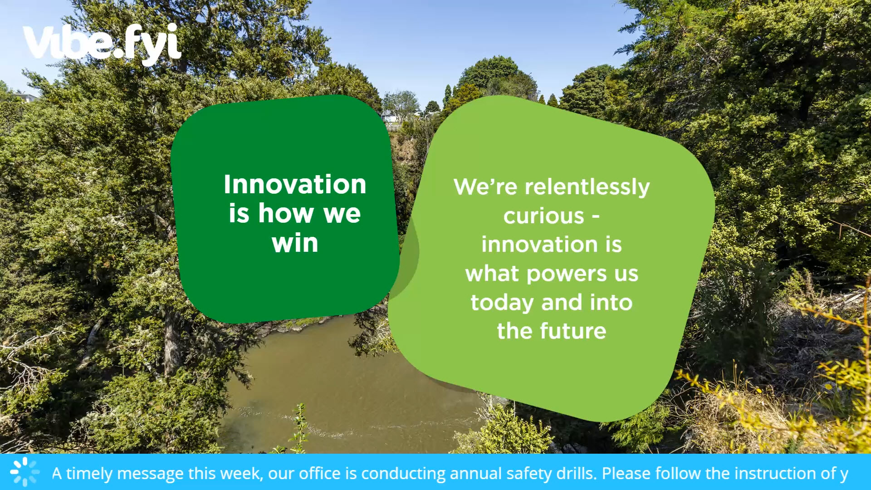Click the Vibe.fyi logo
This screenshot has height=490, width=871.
102,43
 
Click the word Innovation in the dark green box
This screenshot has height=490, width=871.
295,184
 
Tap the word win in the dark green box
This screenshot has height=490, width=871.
295,243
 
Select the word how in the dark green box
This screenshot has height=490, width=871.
287,213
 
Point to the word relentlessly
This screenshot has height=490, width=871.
587,187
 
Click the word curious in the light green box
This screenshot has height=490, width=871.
543,216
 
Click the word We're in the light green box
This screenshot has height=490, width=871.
485,187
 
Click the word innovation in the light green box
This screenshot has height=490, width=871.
539,245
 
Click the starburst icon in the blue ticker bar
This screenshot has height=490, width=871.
24,472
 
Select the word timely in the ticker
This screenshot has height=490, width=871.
89,474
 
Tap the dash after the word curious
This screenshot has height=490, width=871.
596,217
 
